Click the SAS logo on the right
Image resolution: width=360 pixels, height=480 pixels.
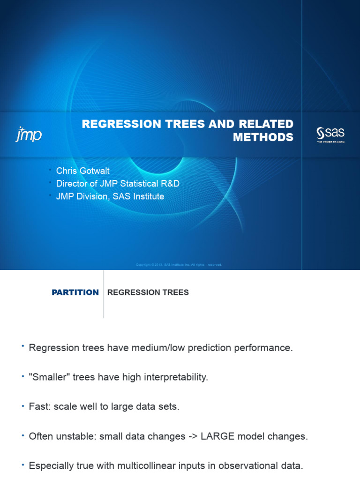tap(330, 134)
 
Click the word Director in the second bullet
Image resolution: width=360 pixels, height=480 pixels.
tap(72, 183)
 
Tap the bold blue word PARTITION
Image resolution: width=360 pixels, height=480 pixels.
tap(75, 292)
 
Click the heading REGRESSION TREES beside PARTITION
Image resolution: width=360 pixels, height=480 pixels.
tap(148, 292)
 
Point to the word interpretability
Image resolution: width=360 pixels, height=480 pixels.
tap(171, 377)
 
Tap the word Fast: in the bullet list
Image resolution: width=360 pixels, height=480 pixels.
tap(40, 407)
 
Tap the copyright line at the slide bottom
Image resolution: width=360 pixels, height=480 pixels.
tap(178, 265)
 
